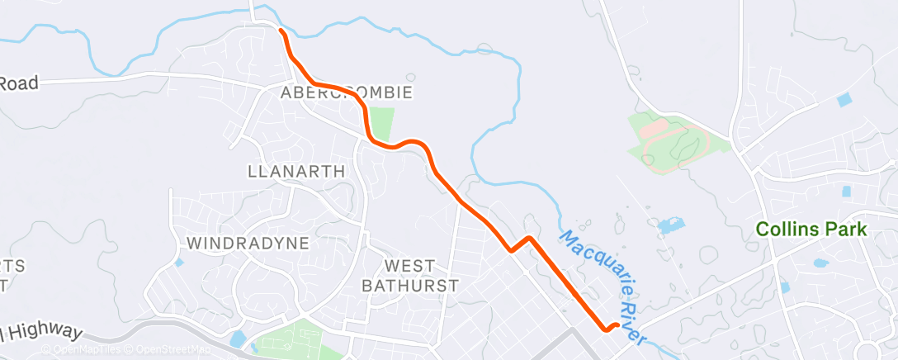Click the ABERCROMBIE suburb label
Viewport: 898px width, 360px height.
coord(346,92)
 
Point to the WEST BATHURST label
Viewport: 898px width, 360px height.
coord(410,275)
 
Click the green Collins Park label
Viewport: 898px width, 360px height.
coord(811,230)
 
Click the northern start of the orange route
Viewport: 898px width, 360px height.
coord(282,31)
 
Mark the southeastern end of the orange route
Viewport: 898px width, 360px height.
coord(617,324)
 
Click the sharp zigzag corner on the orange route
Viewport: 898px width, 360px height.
coord(529,239)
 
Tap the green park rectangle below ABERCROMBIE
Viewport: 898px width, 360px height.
coord(380,121)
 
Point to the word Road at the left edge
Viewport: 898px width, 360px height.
coord(19,83)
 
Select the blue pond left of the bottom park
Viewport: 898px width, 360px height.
coord(238,339)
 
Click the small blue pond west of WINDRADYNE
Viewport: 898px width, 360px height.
coord(179,263)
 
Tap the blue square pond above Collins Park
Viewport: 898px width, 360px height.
coord(843,100)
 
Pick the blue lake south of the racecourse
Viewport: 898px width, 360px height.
coord(669,225)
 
